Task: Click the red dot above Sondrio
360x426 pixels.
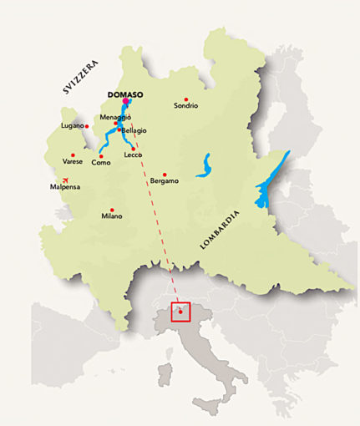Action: tap(186, 98)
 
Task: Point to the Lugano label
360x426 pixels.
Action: tap(72, 126)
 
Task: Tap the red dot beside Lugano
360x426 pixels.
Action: tap(87, 126)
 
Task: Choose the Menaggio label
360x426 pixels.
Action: tap(116, 117)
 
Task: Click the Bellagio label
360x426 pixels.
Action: tap(134, 130)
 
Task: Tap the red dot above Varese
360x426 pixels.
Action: tap(73, 155)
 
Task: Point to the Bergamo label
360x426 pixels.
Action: tap(165, 181)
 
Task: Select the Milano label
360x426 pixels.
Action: tap(112, 216)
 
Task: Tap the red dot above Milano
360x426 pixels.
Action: tap(112, 210)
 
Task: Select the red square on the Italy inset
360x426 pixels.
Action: tap(180, 312)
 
